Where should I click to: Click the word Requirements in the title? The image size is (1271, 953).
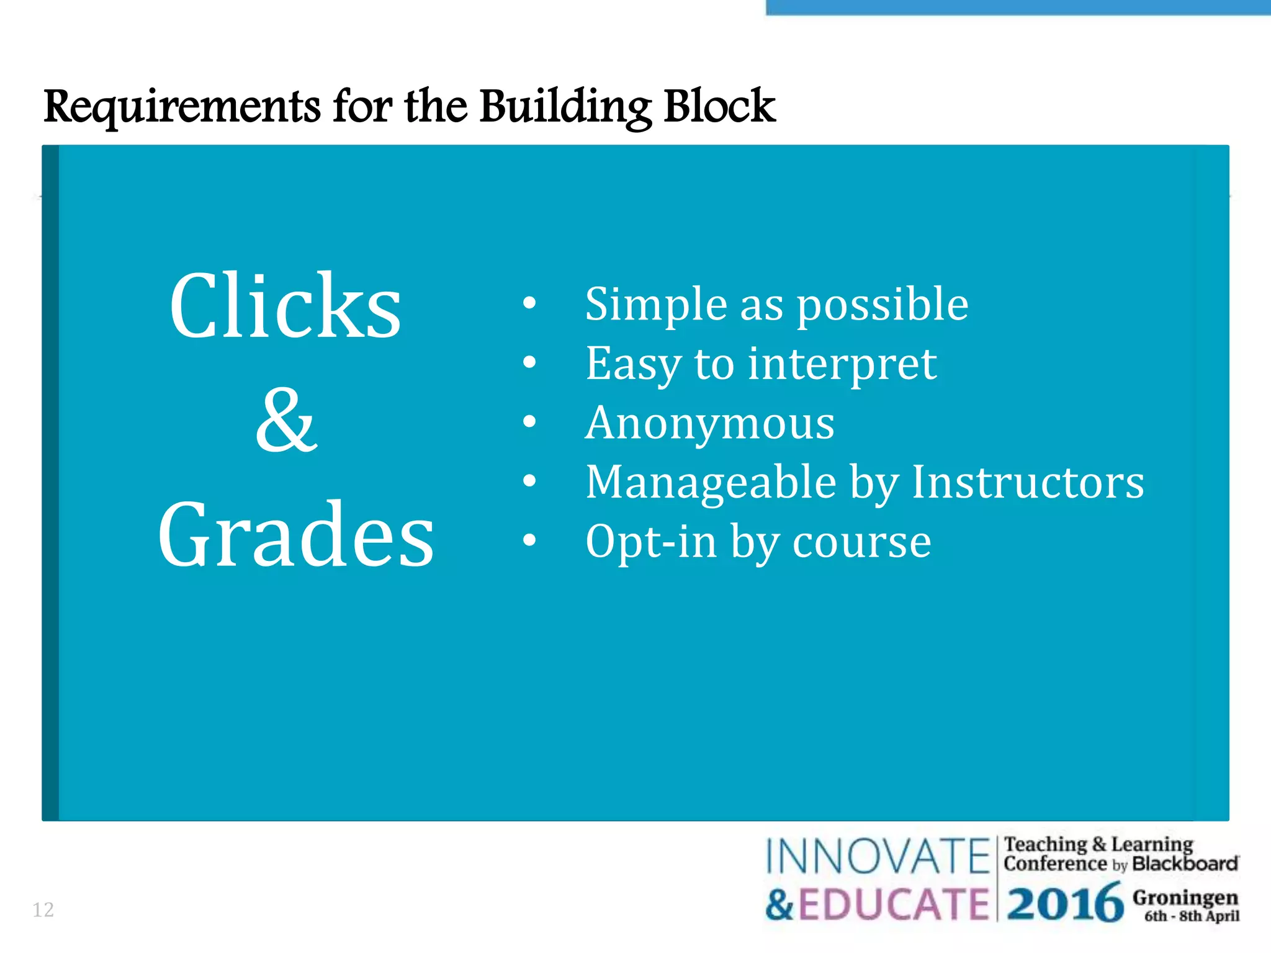pos(181,107)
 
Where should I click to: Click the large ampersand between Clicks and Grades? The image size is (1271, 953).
pos(287,420)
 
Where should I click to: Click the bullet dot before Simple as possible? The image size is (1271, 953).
pos(529,303)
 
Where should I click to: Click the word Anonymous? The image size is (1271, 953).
pos(709,423)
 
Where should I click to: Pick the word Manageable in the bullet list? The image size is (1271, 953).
pos(711,483)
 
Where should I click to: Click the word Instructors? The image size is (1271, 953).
pos(1028,482)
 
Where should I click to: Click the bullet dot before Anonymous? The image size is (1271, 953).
pos(529,422)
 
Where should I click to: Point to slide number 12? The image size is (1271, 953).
pos(43,910)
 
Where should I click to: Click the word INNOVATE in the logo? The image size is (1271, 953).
pos(877,857)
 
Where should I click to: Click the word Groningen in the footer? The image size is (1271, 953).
pos(1185,897)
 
